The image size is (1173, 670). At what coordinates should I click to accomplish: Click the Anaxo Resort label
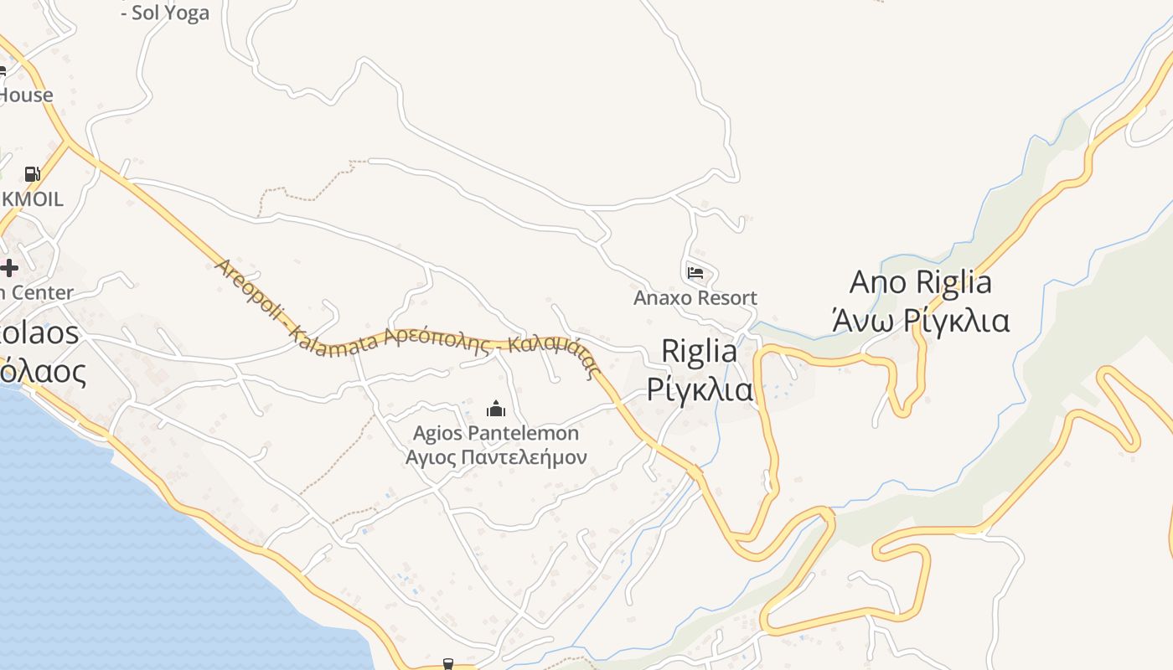(x=695, y=297)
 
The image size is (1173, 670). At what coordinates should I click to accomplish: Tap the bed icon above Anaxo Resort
(x=695, y=272)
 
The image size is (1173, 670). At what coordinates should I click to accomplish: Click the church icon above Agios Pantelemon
(x=496, y=409)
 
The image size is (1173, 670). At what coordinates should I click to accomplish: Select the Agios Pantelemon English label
(x=496, y=433)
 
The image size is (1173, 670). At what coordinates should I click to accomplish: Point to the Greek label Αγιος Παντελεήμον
(x=496, y=457)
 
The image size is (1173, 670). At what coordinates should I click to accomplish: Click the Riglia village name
(x=699, y=351)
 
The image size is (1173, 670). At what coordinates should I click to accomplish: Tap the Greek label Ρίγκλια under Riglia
(x=699, y=389)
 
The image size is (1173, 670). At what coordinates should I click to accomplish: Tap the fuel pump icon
(x=32, y=174)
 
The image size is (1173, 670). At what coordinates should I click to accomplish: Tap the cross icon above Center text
(x=9, y=268)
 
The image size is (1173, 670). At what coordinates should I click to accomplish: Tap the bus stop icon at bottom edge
(x=447, y=664)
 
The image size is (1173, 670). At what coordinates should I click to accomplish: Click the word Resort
(x=726, y=297)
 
